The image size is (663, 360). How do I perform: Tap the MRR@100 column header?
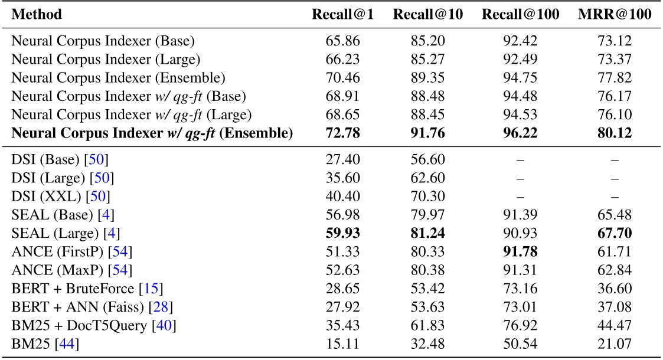(614, 14)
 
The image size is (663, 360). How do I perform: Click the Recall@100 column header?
(521, 14)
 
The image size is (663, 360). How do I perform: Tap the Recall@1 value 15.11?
(342, 342)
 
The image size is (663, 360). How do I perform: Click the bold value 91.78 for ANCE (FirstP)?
(521, 252)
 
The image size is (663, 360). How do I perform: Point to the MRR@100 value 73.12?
(614, 41)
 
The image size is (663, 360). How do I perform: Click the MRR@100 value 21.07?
(614, 342)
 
